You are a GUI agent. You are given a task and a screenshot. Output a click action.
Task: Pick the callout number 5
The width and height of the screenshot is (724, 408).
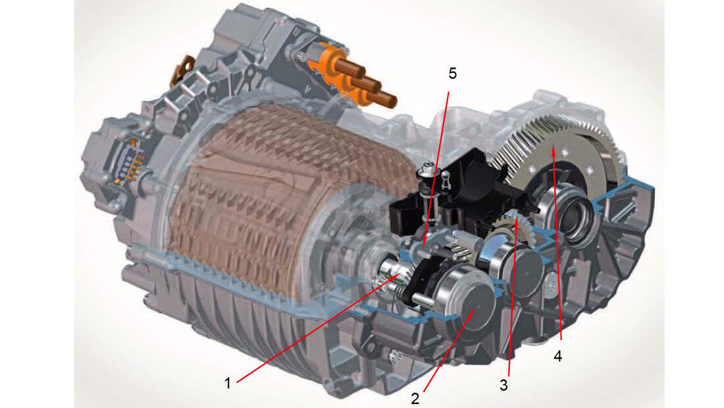click(452, 73)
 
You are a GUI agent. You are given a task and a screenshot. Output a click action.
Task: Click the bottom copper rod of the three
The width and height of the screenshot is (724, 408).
click(385, 99)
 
